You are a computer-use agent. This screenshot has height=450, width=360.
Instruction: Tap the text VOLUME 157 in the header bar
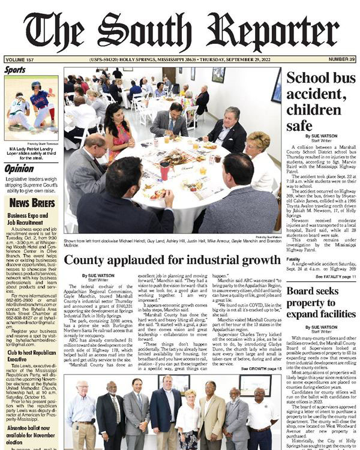point(21,60)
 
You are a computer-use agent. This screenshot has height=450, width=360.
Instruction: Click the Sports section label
point(15,70)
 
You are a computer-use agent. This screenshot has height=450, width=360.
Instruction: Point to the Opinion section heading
point(19,169)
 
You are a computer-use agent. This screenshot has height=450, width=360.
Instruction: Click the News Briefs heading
point(32,202)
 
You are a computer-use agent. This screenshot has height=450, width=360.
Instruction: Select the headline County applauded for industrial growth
point(172,260)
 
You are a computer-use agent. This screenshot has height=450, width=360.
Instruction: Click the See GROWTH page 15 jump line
point(260,368)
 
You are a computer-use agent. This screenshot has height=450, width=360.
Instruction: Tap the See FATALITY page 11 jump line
point(332,277)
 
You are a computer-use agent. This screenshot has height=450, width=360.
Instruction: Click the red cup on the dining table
point(164,171)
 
